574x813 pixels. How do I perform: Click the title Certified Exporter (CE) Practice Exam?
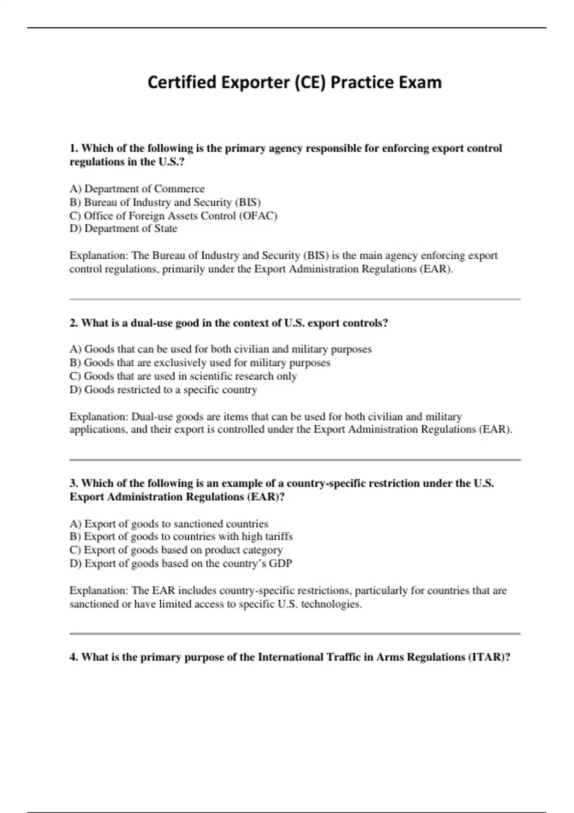click(x=294, y=82)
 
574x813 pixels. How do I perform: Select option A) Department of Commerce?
click(x=137, y=189)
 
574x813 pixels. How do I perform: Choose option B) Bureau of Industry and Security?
click(x=165, y=202)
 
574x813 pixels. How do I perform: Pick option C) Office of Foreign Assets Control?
click(x=173, y=216)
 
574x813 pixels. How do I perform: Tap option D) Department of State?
click(x=123, y=229)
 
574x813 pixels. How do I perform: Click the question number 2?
click(x=74, y=323)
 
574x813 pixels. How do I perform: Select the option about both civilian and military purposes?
click(x=221, y=349)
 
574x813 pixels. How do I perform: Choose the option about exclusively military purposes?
click(x=200, y=363)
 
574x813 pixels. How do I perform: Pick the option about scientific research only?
click(x=183, y=376)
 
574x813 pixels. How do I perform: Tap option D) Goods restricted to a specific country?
click(x=163, y=389)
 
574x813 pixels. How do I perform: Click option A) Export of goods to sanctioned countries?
click(x=169, y=524)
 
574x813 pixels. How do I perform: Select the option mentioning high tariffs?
click(x=181, y=537)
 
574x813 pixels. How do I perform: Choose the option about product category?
click(x=176, y=550)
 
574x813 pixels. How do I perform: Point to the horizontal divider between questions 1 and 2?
click(x=295, y=299)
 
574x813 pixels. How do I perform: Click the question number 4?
click(x=74, y=657)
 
